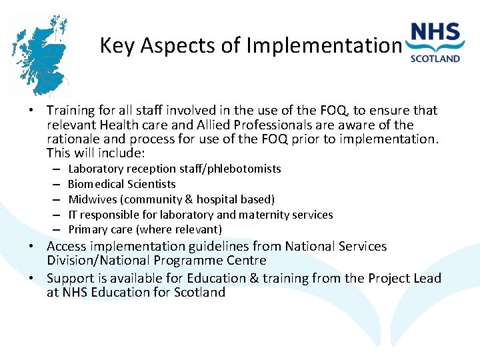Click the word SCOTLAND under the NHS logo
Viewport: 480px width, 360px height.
(435, 58)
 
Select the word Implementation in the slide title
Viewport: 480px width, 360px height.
(323, 45)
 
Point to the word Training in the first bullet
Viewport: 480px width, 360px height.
(72, 110)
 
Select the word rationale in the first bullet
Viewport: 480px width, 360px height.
(74, 139)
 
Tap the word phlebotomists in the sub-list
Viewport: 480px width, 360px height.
(246, 169)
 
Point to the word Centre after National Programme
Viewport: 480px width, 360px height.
(245, 261)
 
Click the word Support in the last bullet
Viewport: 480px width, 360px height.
(71, 278)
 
